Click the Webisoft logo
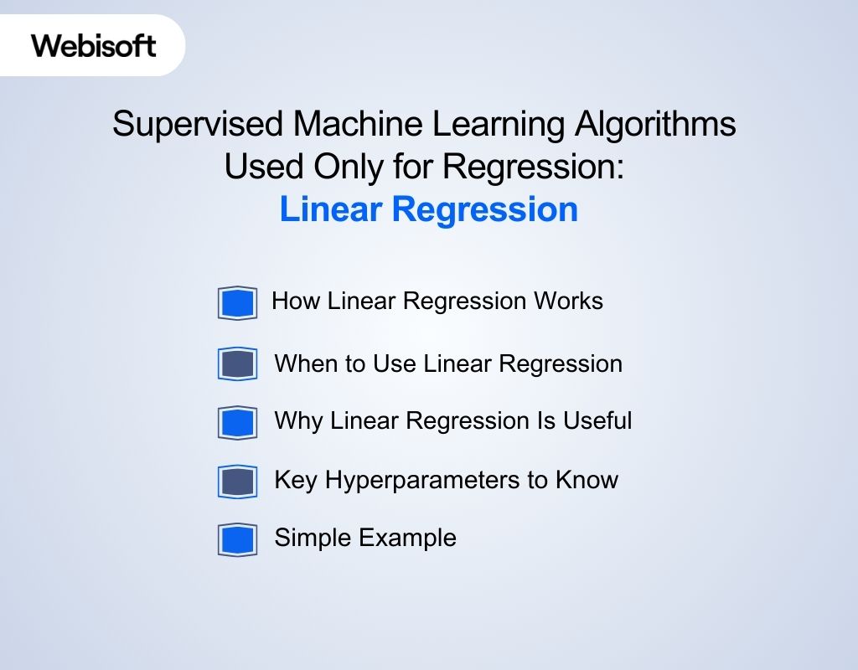point(94,45)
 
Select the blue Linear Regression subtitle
point(428,209)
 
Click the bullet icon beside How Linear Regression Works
point(237,302)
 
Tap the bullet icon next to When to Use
point(237,364)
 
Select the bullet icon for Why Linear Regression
point(237,422)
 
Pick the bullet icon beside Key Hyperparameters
point(237,482)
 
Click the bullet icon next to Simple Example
point(237,539)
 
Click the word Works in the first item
point(569,301)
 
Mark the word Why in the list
point(298,420)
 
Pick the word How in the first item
point(296,301)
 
